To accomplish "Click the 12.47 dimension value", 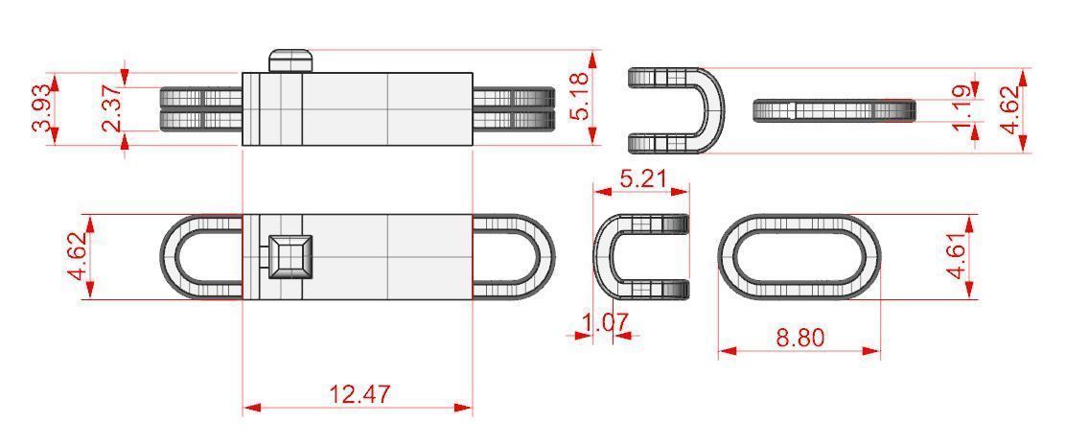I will point(359,393).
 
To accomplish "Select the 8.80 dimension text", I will point(799,338).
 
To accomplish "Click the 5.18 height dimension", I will point(579,99).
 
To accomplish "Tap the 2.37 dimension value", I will point(112,109).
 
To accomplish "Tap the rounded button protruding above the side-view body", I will point(291,60).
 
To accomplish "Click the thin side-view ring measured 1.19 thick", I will point(834,110).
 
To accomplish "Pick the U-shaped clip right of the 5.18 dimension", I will point(676,110).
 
